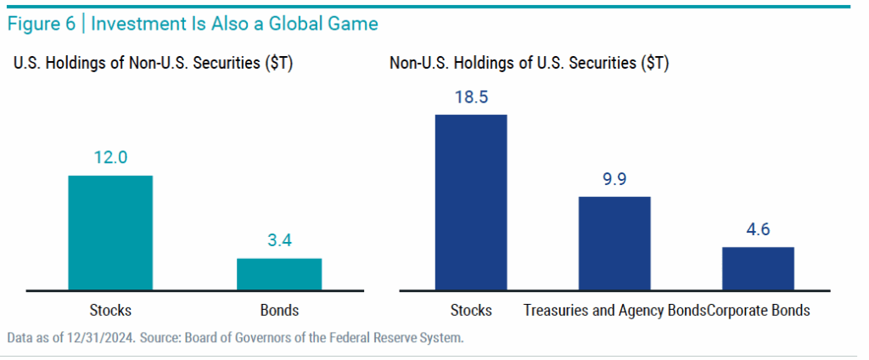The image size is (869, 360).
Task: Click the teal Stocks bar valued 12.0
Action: tap(110, 232)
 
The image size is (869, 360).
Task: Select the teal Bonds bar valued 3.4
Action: tap(279, 273)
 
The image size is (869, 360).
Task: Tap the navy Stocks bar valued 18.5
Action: tap(471, 201)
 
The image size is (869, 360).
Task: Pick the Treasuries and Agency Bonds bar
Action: tap(614, 243)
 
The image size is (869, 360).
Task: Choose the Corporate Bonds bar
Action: tap(758, 268)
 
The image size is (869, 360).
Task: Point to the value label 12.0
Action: tap(110, 157)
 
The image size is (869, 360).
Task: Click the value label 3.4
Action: tap(279, 240)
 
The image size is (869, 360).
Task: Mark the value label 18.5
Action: tap(471, 97)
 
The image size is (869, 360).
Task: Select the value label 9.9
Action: tap(614, 179)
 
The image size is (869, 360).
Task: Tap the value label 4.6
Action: tap(758, 229)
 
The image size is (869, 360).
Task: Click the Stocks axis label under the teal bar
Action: tap(110, 310)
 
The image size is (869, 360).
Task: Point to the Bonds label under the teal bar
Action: tap(279, 310)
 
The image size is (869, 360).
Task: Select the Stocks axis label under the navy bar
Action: tap(471, 310)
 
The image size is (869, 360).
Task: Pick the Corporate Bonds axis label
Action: tap(758, 310)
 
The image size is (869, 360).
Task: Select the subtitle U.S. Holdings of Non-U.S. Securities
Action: tap(153, 64)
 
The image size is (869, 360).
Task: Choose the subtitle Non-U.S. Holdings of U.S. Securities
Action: tap(530, 64)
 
